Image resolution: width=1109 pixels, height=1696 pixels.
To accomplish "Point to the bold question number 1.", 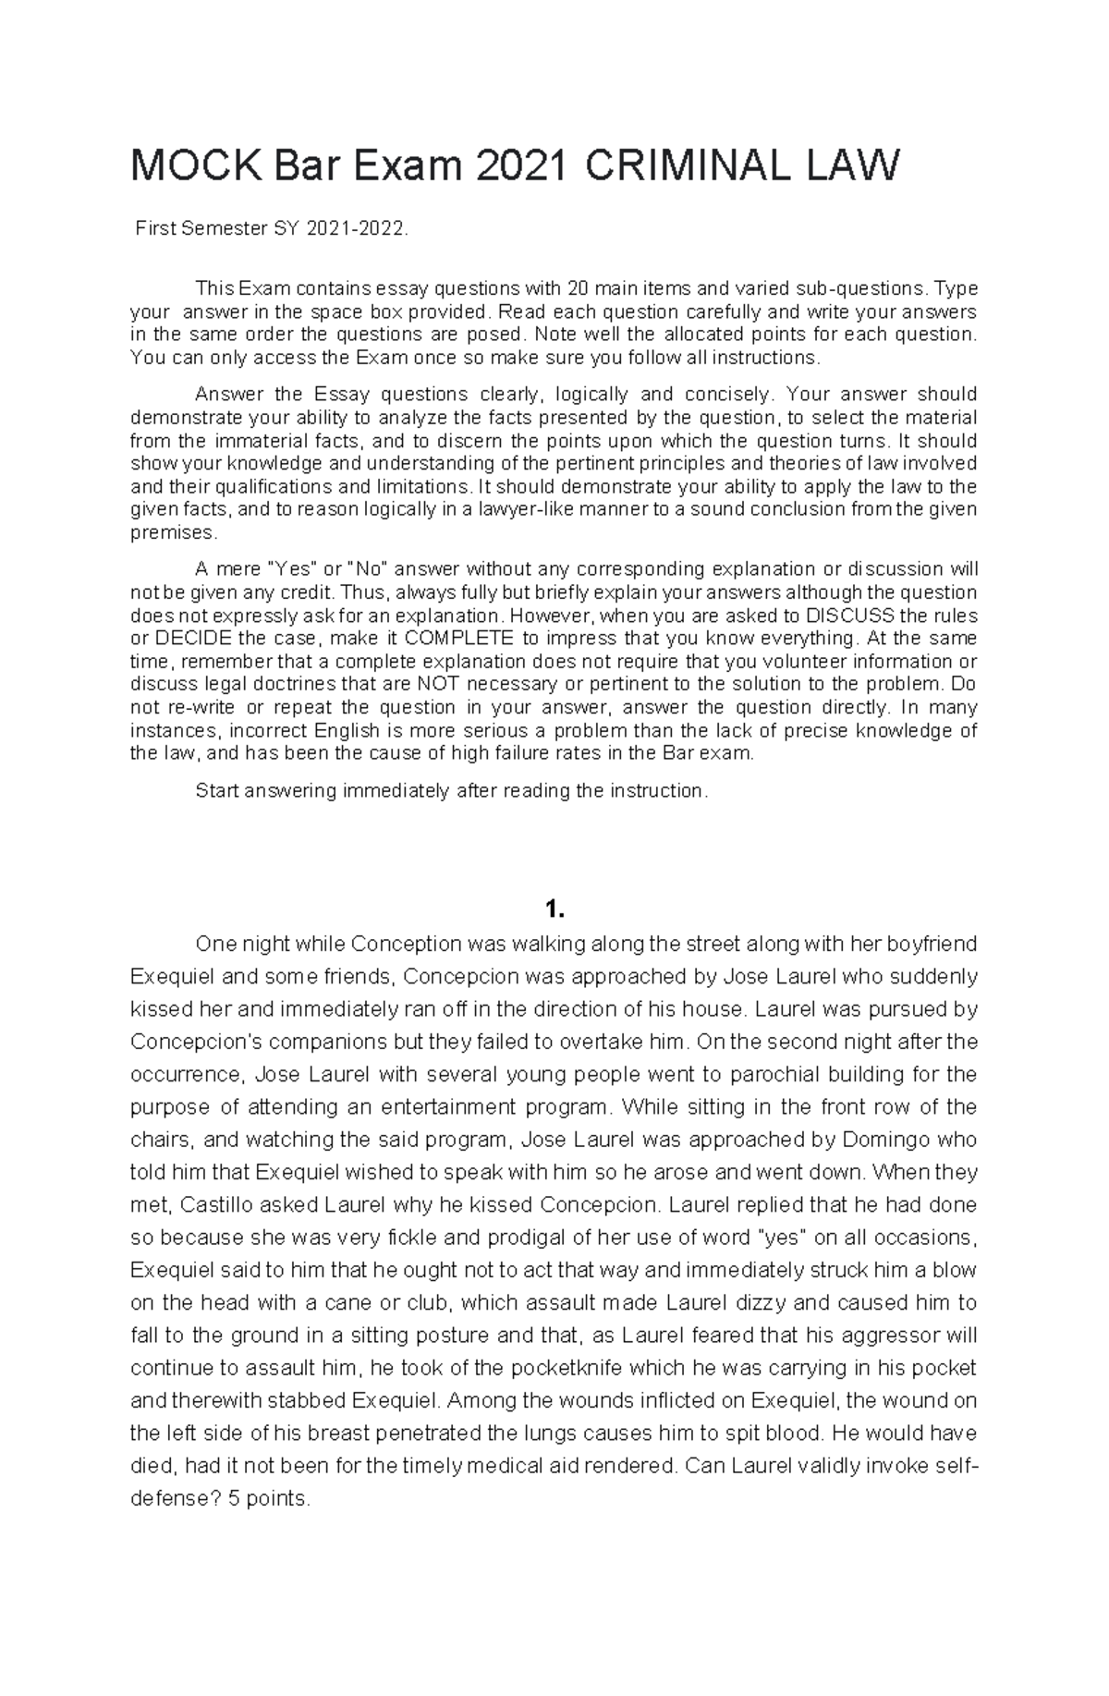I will (x=554, y=910).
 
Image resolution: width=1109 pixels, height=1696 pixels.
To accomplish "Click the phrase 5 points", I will (x=269, y=1498).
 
